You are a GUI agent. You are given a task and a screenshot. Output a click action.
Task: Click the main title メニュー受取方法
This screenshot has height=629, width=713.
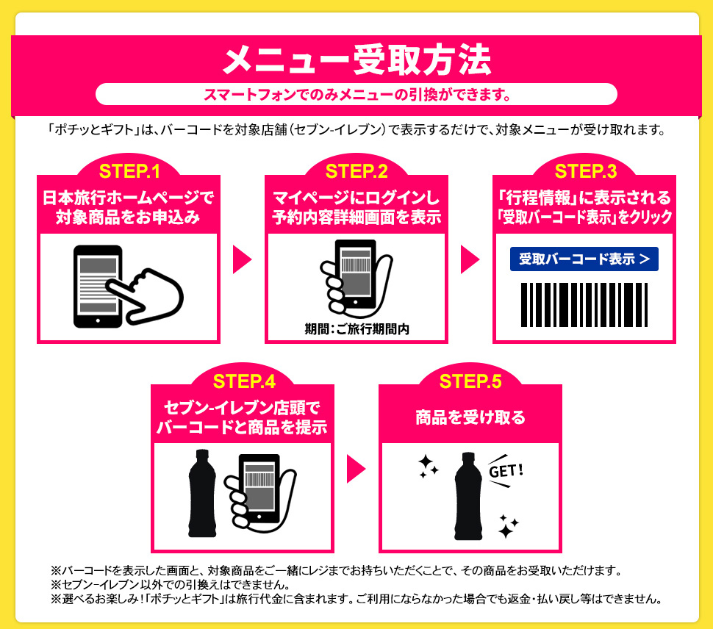coord(357,60)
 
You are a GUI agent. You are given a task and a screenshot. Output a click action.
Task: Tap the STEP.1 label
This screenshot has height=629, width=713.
coord(129,171)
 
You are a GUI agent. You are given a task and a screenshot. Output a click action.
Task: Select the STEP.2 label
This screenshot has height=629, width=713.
coord(357,171)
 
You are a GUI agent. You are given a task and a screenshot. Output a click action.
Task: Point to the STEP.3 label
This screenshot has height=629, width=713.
coord(586,171)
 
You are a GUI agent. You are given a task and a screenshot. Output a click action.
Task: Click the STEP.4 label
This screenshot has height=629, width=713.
coord(244,381)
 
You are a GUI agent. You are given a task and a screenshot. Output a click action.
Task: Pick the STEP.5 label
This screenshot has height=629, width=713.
coord(470,381)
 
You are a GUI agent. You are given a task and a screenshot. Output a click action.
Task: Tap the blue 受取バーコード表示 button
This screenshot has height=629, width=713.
coord(584,259)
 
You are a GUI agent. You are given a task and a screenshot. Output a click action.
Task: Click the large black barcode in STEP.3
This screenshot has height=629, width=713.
coord(584,304)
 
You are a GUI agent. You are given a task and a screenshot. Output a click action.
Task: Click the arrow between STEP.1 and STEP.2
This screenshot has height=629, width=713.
coord(243,259)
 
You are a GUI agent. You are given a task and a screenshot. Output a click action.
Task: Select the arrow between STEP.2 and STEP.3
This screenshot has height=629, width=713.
coord(470,259)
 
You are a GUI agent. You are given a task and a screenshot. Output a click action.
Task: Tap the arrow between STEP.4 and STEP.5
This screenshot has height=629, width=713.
coord(356,469)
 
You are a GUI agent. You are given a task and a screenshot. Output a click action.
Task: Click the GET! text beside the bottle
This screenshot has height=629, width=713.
coord(506,471)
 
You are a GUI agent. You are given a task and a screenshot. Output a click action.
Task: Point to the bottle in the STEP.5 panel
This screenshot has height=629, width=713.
coord(468,496)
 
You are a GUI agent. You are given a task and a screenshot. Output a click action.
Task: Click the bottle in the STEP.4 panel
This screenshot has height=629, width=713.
coord(202,493)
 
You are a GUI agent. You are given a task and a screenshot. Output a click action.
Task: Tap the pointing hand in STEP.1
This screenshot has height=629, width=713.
coord(146,296)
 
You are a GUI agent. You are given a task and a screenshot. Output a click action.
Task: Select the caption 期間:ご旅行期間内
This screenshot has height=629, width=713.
coord(357,329)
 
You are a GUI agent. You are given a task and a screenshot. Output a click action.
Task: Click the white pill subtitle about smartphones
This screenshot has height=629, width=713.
coord(356,95)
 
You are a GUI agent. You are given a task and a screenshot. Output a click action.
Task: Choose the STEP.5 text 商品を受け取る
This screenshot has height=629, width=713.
coord(470,417)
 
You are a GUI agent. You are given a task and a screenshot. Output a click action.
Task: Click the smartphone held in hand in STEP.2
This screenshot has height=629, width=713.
coord(356,275)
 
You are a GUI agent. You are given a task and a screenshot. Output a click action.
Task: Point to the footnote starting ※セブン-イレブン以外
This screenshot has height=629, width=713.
coord(171,584)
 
